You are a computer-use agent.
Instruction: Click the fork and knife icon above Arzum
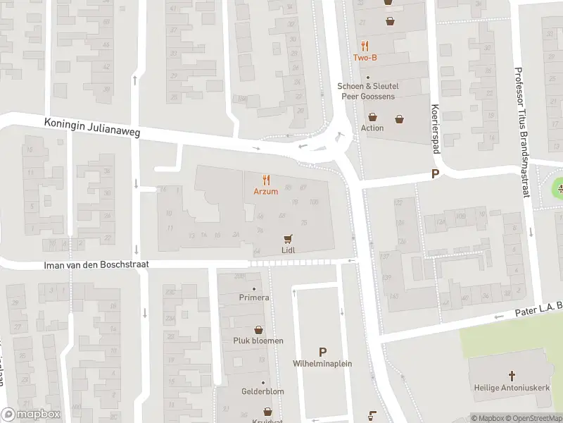(x=266, y=180)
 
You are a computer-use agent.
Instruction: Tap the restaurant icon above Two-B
(x=365, y=46)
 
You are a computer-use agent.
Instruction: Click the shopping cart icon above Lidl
(x=287, y=239)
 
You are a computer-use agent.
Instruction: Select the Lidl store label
(x=287, y=250)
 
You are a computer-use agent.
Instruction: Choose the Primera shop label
(x=254, y=298)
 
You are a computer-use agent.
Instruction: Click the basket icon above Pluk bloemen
(x=259, y=329)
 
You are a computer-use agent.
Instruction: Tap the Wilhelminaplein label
(x=322, y=364)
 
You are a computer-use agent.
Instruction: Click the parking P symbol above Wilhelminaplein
(x=322, y=351)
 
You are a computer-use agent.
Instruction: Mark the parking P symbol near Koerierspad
(x=435, y=174)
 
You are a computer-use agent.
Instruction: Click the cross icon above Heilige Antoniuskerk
(x=512, y=376)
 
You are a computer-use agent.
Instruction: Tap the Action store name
(x=372, y=128)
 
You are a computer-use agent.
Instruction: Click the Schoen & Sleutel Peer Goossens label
(x=367, y=91)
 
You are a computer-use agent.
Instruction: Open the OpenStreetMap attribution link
(x=533, y=418)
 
